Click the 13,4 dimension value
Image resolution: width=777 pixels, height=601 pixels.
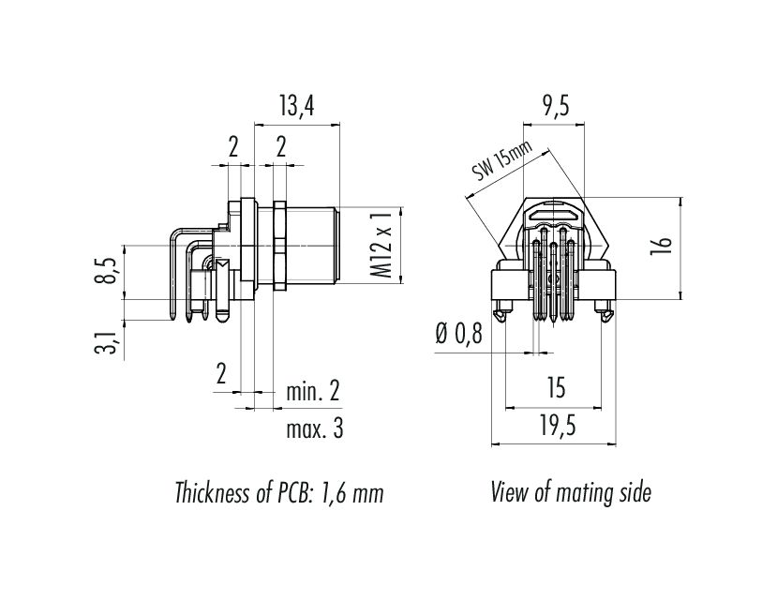[295, 107]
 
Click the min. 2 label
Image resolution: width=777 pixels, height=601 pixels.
[312, 392]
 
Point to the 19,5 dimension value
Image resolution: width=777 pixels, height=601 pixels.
[556, 426]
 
